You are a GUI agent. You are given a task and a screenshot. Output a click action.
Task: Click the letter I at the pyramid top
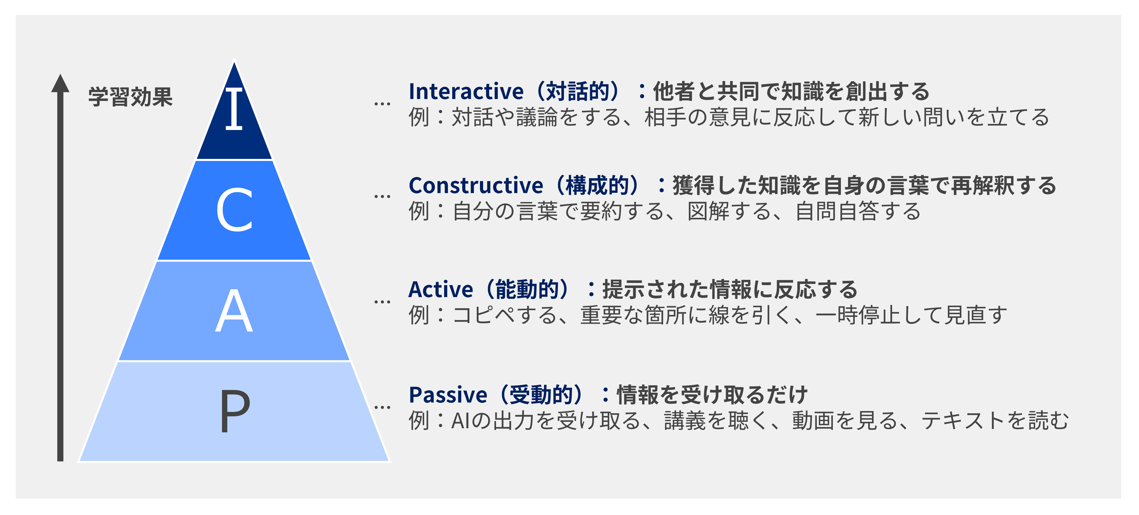(234, 108)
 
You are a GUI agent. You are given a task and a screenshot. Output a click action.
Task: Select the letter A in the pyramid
(234, 311)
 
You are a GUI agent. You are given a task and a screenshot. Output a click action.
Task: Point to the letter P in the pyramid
(235, 411)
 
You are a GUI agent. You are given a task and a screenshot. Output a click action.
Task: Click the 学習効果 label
(131, 97)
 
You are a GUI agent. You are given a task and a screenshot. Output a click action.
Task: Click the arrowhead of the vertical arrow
(60, 83)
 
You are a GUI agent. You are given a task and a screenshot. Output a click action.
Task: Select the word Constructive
(476, 186)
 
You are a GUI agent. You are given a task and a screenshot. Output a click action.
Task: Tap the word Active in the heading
(441, 290)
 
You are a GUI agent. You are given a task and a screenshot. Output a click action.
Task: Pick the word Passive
(448, 395)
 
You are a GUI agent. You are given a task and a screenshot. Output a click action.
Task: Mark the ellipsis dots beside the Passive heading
(382, 408)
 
